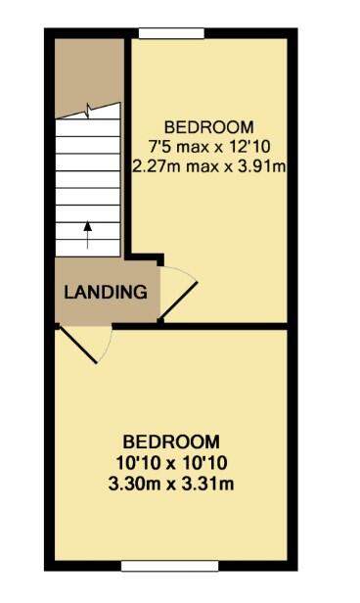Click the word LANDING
(106, 293)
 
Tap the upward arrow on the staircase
(88, 235)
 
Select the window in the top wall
(171, 33)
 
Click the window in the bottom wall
(170, 566)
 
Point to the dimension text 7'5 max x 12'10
(209, 147)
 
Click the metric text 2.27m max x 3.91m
(209, 166)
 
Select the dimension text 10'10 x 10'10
(171, 463)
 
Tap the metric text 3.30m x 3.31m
(171, 484)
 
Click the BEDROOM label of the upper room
(209, 127)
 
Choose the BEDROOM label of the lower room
(171, 442)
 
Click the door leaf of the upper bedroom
(178, 301)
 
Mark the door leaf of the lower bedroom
(77, 345)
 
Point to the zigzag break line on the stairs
(88, 111)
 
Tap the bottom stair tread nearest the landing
(88, 248)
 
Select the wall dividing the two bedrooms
(200, 327)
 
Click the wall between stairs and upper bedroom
(128, 146)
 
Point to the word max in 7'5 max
(194, 147)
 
